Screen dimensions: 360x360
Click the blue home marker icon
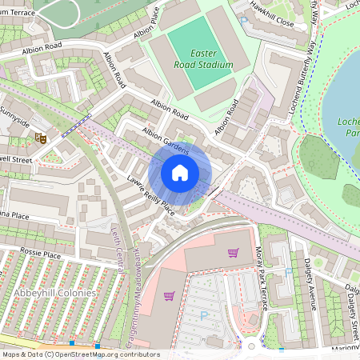tap(180, 173)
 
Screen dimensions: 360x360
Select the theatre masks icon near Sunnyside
tap(39, 138)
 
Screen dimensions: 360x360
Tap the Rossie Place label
tap(40, 254)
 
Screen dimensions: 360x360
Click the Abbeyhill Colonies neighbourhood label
tap(48, 293)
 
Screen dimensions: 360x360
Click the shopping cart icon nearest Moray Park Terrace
tap(233, 254)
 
